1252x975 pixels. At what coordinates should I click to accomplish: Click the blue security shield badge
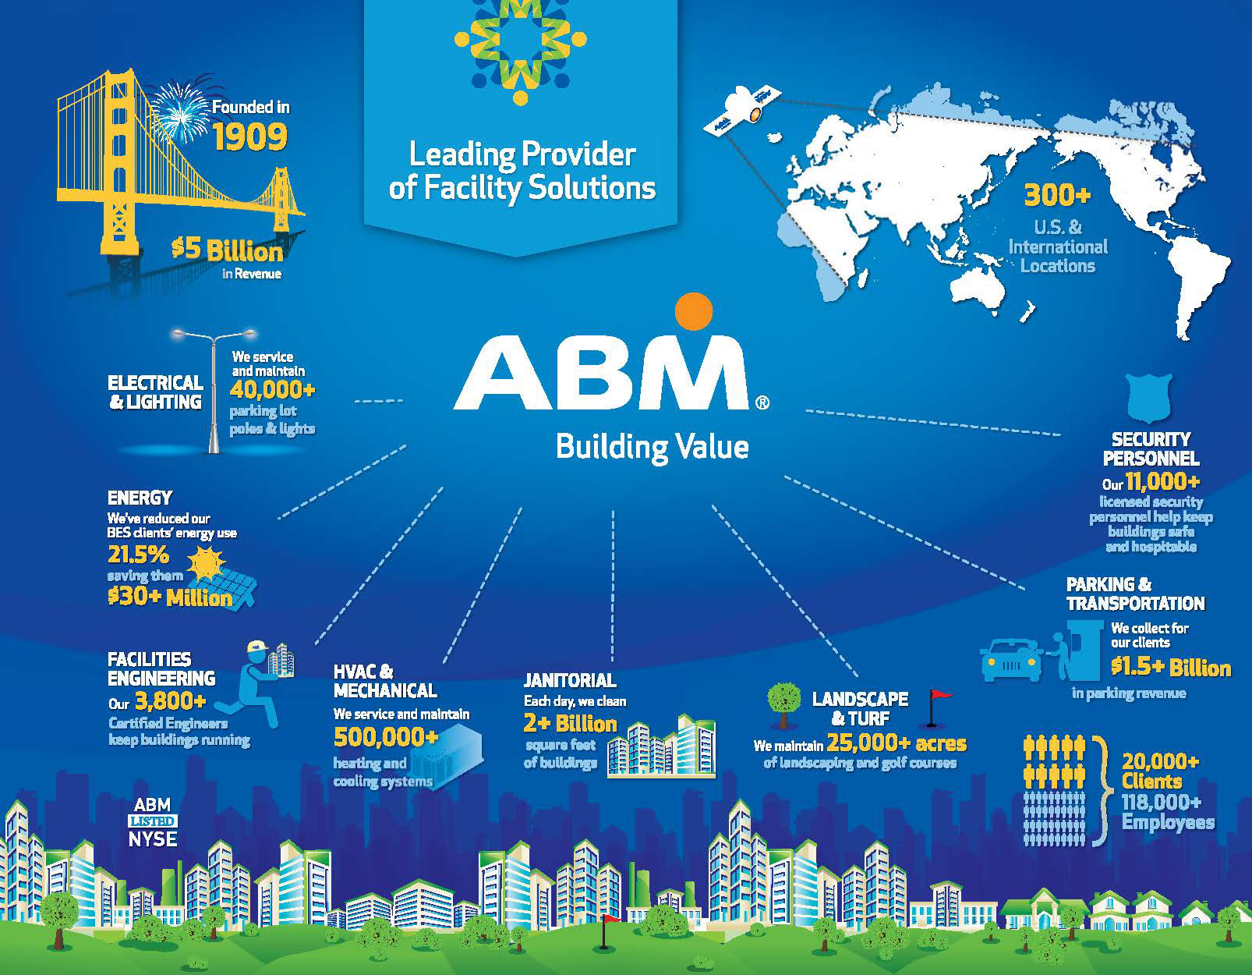coord(1150,398)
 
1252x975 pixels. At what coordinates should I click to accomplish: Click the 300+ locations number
coord(1057,196)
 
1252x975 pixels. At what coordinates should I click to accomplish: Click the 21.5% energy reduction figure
coord(138,555)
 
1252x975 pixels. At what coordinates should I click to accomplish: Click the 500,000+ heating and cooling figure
coord(386,737)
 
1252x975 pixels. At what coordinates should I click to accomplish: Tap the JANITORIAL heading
coord(570,681)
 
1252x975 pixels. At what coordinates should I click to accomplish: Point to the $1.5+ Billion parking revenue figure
coord(1171,668)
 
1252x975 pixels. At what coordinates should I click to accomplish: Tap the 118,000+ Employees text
coord(1168,812)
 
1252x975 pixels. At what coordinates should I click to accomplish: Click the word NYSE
coord(153,839)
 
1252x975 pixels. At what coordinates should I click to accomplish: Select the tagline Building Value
coord(652,448)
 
